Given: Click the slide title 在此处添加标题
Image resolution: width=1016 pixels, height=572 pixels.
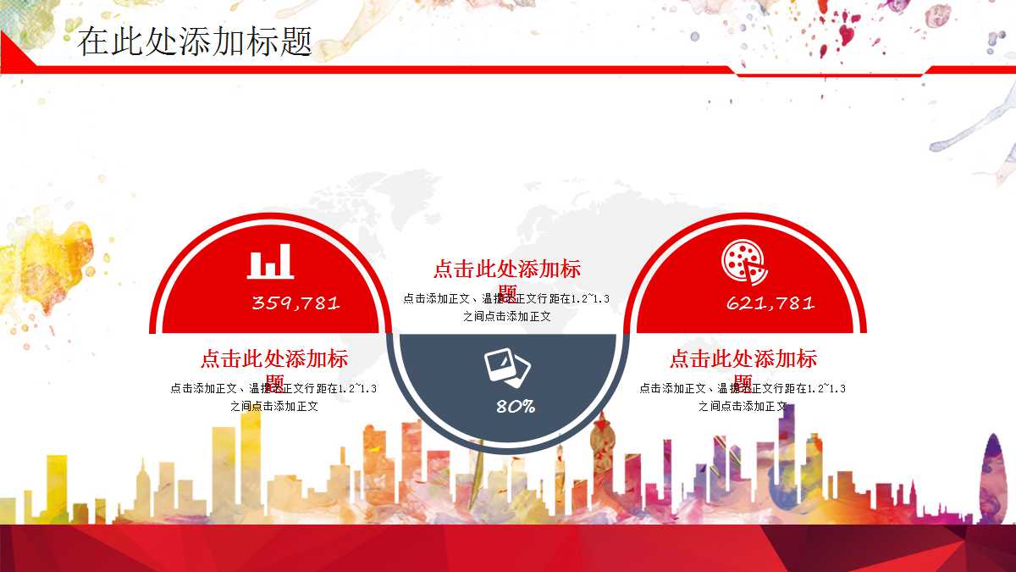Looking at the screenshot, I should click(195, 41).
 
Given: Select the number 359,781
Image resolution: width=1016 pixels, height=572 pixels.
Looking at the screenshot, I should click(295, 303).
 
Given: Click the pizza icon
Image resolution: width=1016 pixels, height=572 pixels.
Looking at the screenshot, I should click(744, 262).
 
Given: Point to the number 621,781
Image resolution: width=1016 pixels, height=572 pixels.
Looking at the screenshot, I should click(770, 303).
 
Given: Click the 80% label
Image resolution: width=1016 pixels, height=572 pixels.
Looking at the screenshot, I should click(515, 407).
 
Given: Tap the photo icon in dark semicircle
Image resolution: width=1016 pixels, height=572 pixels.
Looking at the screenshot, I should click(507, 367).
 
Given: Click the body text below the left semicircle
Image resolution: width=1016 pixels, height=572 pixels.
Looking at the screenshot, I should click(273, 397).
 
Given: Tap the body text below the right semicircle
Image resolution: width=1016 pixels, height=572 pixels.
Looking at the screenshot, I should click(743, 397).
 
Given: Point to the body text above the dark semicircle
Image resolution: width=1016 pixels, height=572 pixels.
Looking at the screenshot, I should click(506, 308).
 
